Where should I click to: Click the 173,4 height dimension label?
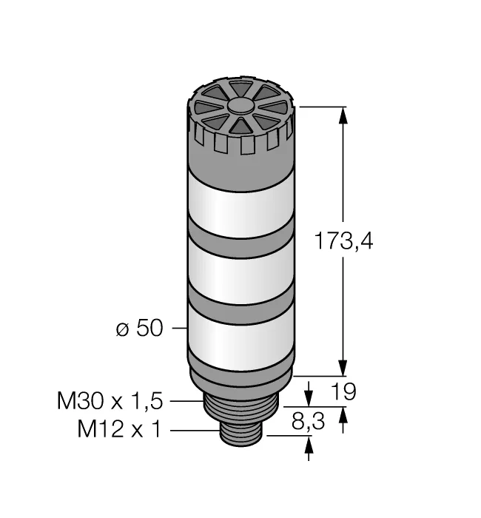point(343,240)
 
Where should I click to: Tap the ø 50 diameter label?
point(140,329)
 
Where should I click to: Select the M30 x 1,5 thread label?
point(110,401)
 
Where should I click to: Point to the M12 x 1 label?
point(119,429)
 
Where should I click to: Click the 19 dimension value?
point(343,391)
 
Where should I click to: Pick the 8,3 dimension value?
point(309,422)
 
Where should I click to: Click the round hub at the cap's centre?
point(241,107)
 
